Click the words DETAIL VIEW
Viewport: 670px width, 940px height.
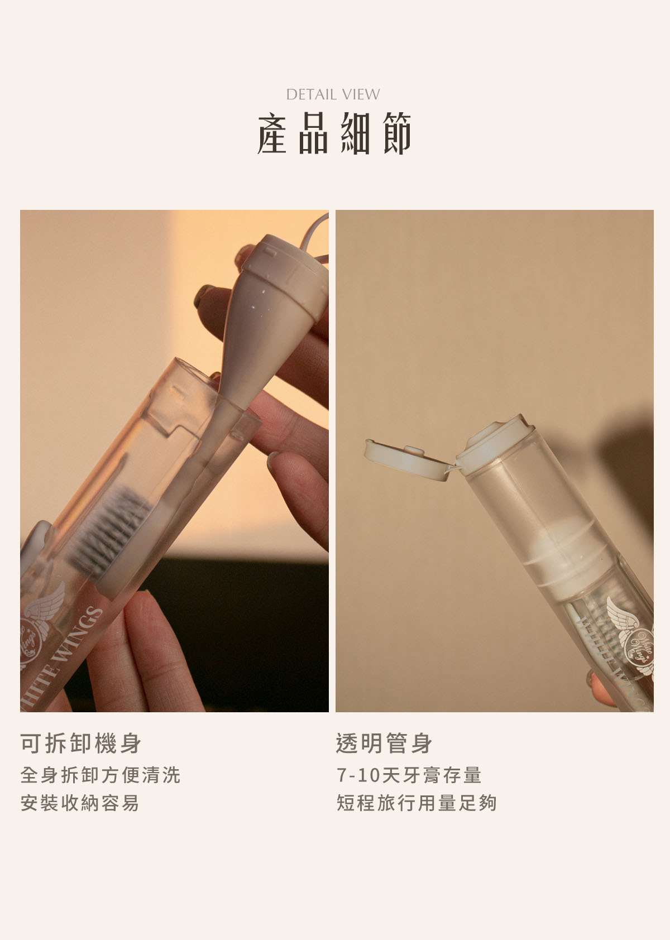point(333,94)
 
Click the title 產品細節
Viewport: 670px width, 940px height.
point(334,133)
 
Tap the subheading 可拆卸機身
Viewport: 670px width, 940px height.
point(80,744)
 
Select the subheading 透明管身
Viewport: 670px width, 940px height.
point(384,744)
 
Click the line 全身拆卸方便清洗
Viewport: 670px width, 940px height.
point(100,775)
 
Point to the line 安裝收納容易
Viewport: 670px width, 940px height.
point(80,803)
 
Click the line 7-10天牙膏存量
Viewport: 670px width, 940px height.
point(409,775)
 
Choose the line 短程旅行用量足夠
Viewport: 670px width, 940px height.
point(417,803)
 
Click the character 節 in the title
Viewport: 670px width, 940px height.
point(397,133)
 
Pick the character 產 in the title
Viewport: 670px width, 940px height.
point(272,133)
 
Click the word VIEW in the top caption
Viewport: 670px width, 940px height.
point(361,94)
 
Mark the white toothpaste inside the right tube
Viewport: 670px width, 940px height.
point(563,556)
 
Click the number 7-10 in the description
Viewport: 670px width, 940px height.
point(358,775)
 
